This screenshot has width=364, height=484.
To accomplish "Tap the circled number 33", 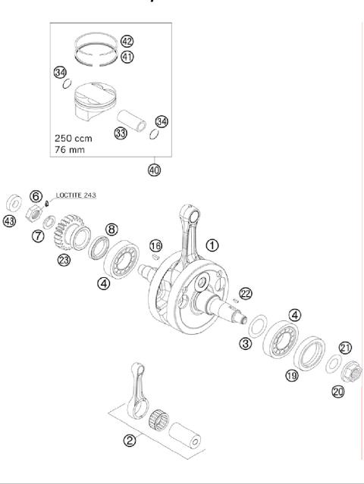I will (x=119, y=133).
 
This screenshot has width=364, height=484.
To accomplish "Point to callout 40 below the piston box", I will (x=155, y=170).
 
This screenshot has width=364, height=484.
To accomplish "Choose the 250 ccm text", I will (x=74, y=139).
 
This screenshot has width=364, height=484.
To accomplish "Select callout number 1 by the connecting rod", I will (x=212, y=245).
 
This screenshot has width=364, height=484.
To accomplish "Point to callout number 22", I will (x=245, y=293).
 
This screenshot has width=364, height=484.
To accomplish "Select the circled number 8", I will (x=111, y=229).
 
